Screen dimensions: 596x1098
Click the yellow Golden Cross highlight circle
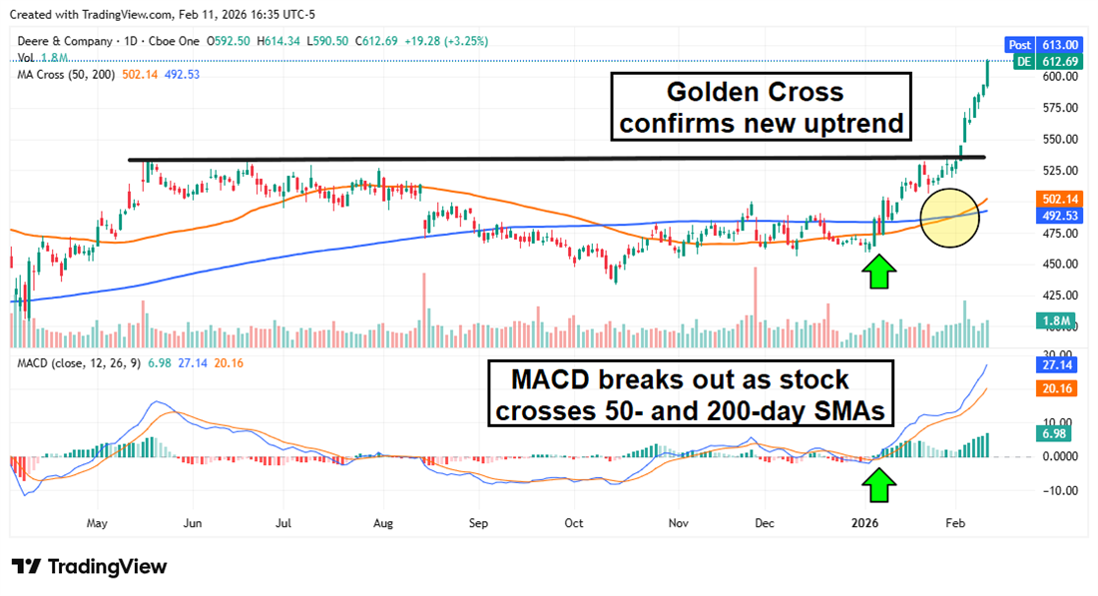click(948, 218)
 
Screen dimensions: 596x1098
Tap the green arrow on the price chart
click(878, 271)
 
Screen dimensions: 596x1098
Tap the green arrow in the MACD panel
click(879, 485)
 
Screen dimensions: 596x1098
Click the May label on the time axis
click(97, 522)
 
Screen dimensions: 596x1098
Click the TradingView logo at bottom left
click(90, 567)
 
